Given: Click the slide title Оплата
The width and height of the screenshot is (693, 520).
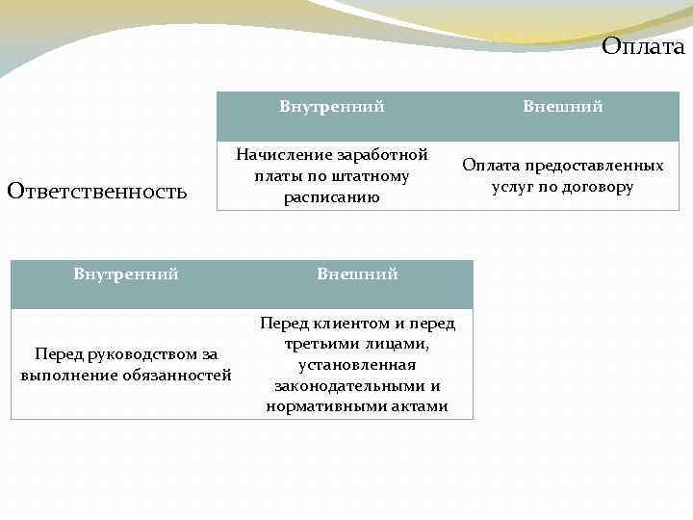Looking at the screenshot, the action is pos(643,46).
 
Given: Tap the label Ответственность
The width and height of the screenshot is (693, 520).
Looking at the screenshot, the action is pos(97,191).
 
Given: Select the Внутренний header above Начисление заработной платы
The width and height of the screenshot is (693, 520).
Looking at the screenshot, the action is pos(332,107).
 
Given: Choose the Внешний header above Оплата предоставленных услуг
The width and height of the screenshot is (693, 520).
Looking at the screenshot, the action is pos(563,107).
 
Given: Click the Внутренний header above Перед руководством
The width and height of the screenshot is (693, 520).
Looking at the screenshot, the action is pos(126,274).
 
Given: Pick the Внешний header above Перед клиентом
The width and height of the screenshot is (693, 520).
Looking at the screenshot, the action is pos(358,274).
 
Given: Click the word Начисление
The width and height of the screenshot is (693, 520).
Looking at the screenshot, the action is pos(284,155).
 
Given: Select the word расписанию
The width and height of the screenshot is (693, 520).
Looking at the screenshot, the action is pos(332,197).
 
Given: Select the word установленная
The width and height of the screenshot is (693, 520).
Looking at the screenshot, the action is pos(357,365).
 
